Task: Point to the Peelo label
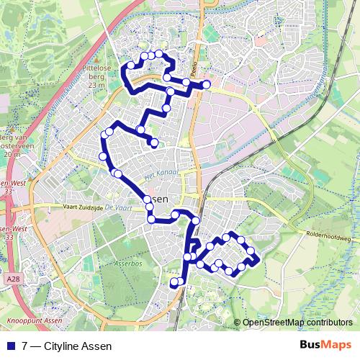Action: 194,70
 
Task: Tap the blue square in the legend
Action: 12,346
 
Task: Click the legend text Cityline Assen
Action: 77,346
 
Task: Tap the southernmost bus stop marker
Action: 174,283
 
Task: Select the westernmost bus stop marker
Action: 102,156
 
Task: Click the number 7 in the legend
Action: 25,346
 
